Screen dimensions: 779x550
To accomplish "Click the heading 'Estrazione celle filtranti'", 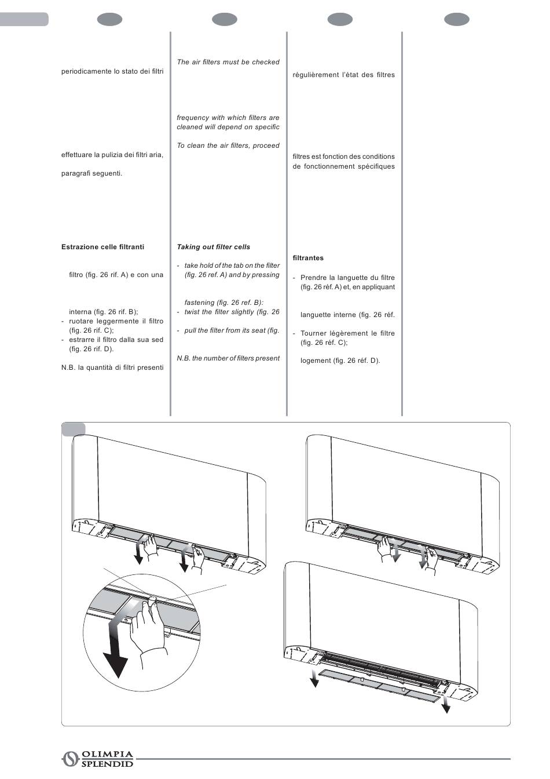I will pos(102,247).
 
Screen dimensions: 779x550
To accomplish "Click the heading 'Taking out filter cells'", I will pos(213,247).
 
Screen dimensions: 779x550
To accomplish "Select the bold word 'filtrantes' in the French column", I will pos(308,258).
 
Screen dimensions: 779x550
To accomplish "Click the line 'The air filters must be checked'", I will pos(228,62).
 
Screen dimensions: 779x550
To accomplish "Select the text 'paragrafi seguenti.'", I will pos(91,173).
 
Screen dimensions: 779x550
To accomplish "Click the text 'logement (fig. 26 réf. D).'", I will pos(340,361).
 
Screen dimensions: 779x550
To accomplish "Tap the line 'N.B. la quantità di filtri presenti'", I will pos(112,367).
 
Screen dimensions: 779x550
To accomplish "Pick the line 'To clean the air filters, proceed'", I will pos(228,145).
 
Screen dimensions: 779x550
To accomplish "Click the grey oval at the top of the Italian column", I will pos(109,20).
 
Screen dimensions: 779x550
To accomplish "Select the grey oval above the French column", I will pos(340,20).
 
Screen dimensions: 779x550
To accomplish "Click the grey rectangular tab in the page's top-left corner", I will pos(24,20).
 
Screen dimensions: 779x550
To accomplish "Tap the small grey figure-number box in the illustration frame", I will pos(74,429).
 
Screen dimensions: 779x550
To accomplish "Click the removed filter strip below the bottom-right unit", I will pos(376,685).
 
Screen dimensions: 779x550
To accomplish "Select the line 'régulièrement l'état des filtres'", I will pos(343,75).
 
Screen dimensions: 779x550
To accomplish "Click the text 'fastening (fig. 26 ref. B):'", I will pos(223,303).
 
